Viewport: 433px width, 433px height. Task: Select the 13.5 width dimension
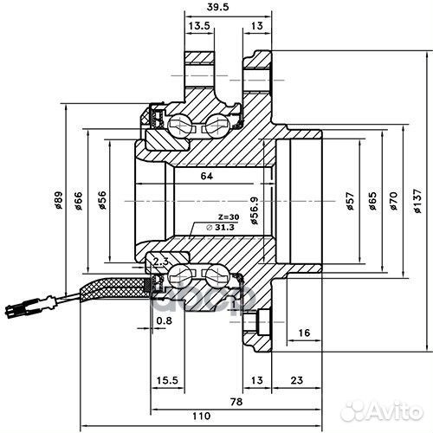200,27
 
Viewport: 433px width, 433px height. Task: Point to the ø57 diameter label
350,201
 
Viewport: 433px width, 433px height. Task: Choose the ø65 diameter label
372,201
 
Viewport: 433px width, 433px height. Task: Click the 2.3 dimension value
158,260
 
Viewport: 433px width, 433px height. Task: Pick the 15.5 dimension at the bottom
168,380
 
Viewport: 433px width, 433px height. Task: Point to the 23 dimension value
297,380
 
